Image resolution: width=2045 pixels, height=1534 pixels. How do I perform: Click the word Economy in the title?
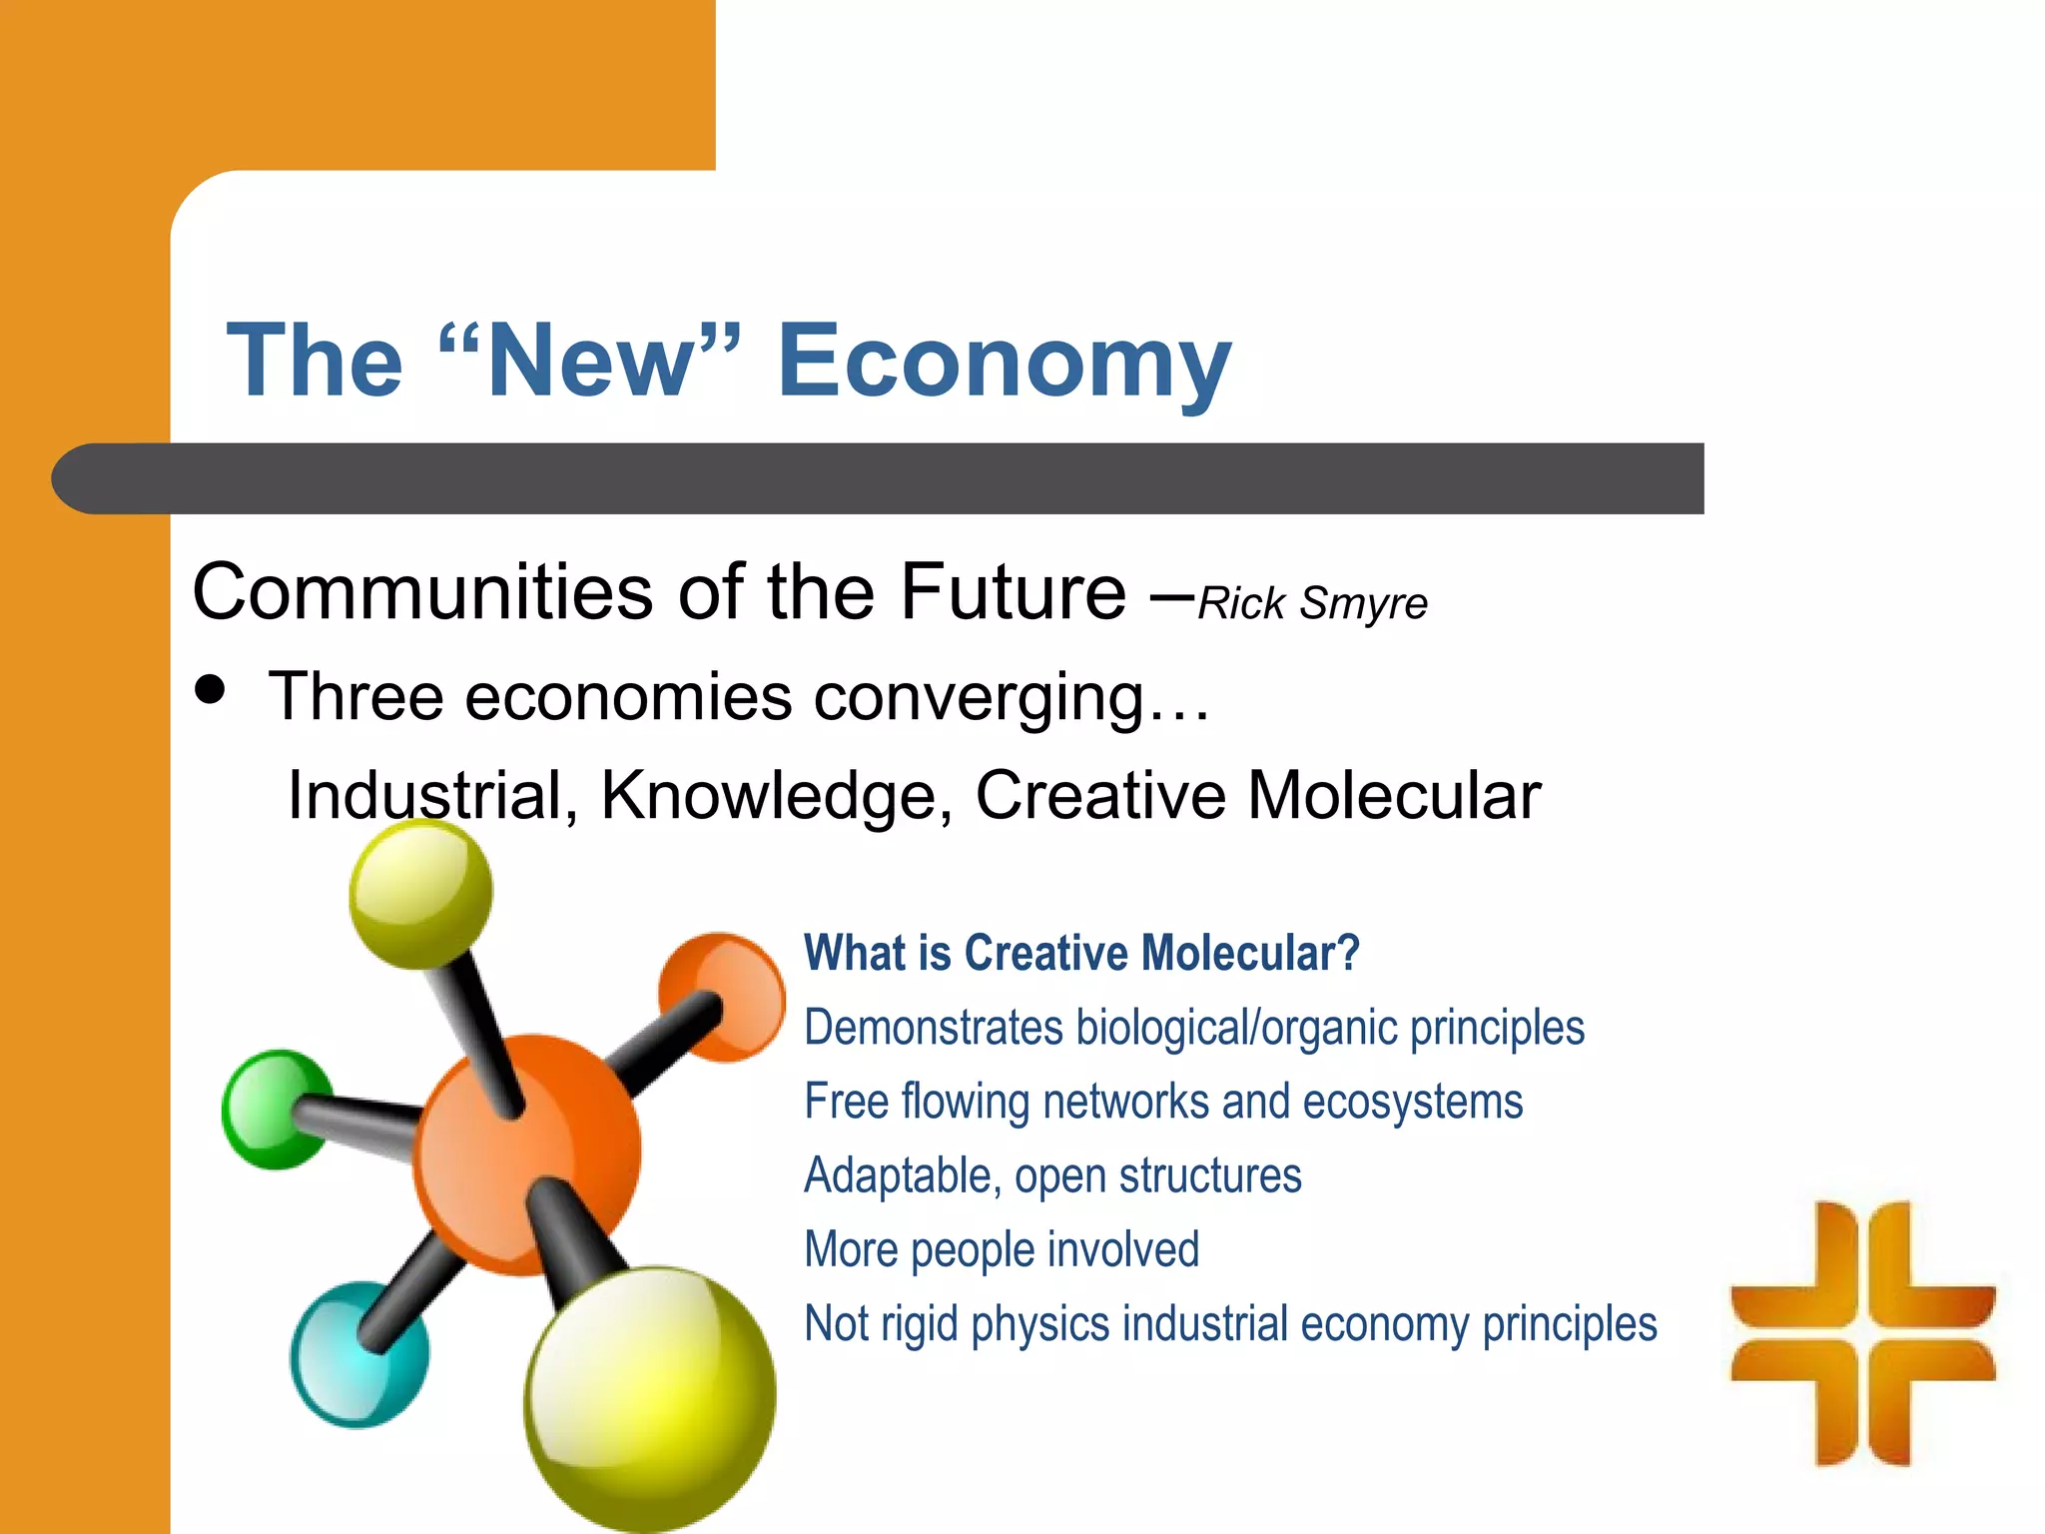[1003, 362]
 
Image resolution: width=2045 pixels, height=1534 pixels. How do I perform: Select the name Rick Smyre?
[1312, 603]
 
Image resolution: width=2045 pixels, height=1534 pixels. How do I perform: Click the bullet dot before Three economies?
[211, 689]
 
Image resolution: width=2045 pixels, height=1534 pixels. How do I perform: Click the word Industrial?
[432, 796]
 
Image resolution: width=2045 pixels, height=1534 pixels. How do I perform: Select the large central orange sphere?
[526, 1153]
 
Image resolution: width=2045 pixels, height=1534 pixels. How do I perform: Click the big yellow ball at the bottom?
[650, 1397]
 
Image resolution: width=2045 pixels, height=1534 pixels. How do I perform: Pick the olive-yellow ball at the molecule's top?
[420, 892]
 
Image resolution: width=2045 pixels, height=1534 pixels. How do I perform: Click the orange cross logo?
[1862, 1332]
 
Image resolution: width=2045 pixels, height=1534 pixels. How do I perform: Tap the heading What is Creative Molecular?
[1081, 953]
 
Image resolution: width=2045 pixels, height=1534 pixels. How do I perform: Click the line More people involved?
[1002, 1249]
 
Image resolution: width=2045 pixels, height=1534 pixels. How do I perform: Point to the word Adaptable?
[902, 1175]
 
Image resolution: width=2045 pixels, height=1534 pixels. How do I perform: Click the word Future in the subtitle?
[1013, 592]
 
